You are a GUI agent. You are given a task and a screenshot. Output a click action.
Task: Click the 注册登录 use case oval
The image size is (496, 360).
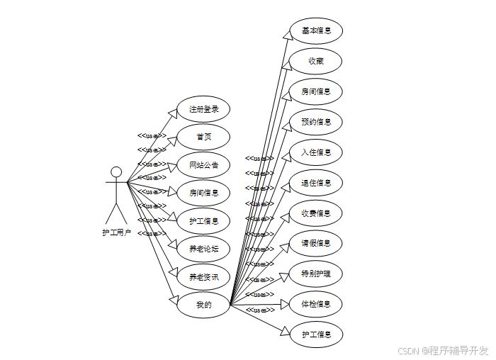203,110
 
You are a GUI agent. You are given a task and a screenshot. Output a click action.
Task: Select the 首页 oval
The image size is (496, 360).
203,137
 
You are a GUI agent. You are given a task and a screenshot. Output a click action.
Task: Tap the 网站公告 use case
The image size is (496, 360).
203,165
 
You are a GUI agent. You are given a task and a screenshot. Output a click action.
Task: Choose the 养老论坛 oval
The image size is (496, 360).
203,249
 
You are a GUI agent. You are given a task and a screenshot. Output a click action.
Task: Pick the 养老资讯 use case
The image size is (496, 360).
203,276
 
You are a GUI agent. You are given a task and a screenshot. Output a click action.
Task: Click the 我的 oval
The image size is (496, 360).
203,305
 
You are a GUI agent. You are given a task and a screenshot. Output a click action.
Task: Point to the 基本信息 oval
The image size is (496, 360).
316,30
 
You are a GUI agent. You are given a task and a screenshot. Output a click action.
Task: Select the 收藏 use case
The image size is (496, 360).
316,61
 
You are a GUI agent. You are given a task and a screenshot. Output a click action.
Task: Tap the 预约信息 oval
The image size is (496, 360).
316,122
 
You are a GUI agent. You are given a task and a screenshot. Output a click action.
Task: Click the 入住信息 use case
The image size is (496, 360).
316,152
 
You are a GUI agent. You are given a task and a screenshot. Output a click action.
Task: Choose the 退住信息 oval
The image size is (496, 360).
316,183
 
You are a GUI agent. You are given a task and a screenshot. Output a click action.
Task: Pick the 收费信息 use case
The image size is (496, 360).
316,213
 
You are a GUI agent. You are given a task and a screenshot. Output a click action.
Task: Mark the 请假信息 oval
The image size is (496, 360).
316,243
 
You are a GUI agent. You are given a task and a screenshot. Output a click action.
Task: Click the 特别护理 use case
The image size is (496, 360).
316,274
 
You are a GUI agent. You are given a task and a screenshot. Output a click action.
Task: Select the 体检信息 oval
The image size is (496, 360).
316,303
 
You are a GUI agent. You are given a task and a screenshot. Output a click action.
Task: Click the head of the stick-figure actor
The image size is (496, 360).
116,171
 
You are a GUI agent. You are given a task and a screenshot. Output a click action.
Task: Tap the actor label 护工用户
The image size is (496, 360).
116,232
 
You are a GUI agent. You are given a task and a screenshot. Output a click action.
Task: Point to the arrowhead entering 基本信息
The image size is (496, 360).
286,37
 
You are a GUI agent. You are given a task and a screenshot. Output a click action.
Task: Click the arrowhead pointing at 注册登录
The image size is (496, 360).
172,113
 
